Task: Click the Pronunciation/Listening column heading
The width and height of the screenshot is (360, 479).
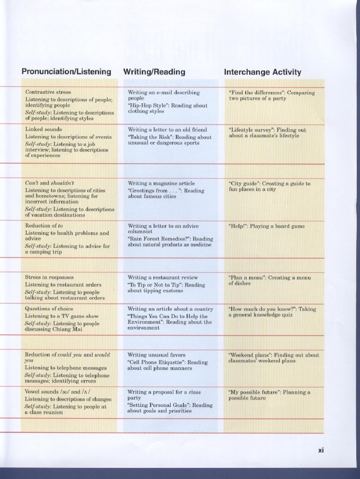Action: pos(66,72)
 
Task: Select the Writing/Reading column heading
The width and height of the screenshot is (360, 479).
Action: pos(154,72)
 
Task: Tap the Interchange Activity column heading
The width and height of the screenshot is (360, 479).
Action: pos(262,72)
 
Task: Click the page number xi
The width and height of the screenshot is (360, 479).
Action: pos(320,450)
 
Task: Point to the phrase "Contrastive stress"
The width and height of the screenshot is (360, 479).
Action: pos(48,92)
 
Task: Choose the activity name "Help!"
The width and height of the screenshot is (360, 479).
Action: pos(238,226)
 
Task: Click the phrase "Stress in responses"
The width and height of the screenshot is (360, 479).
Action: pos(49,277)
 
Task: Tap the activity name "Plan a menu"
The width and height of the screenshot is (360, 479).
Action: pos(247,277)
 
